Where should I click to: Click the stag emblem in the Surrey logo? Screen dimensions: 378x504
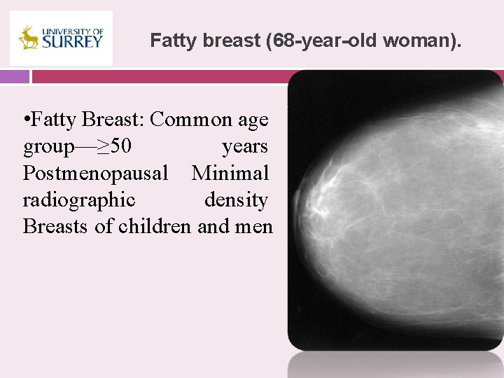coord(29,38)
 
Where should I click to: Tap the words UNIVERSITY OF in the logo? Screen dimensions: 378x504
coord(72,31)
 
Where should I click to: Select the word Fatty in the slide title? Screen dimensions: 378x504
coord(170,41)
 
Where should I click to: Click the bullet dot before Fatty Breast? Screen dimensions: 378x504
coord(26,120)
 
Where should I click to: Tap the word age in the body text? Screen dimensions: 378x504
coord(252,120)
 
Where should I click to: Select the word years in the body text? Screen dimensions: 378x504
coord(245,147)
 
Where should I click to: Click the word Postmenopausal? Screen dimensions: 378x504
coord(95,173)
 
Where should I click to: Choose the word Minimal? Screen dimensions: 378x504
coord(230,173)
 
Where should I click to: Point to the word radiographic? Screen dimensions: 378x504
coord(79,200)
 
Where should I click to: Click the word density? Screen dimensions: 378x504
coord(236,200)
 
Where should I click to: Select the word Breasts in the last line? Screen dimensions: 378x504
coord(59,227)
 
